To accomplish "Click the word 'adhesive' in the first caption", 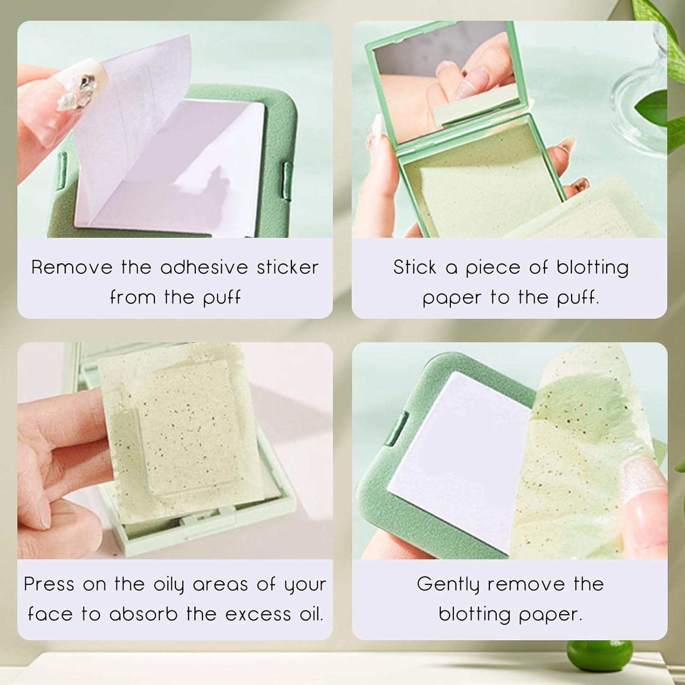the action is [x=204, y=267].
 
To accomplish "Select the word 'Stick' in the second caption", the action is [x=415, y=267].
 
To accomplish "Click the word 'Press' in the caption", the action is [x=49, y=584].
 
